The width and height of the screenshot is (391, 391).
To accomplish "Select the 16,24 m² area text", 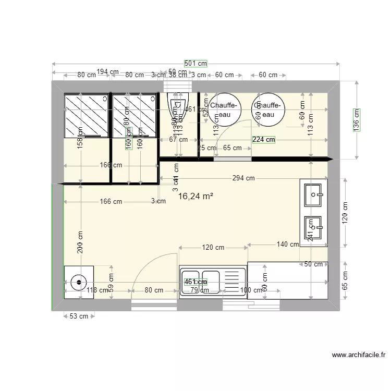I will (x=195, y=197).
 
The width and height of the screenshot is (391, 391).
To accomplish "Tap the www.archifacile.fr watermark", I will (x=359, y=355).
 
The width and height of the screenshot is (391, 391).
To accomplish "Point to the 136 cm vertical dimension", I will (x=357, y=120).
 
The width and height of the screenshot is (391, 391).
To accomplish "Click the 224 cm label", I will (x=263, y=139).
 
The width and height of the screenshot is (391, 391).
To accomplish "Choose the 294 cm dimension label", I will (x=243, y=178).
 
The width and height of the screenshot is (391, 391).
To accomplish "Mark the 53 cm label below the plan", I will (x=79, y=316).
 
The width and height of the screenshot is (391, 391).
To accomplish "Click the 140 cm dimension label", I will (x=288, y=244).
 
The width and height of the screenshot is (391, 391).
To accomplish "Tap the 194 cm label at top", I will (x=107, y=71).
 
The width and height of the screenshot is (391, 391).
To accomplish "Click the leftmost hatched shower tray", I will (x=85, y=115).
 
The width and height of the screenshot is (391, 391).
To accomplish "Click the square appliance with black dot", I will (x=79, y=282).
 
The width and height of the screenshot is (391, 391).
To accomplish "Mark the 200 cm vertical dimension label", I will (x=80, y=243).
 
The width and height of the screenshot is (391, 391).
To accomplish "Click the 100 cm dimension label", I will (x=252, y=290).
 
